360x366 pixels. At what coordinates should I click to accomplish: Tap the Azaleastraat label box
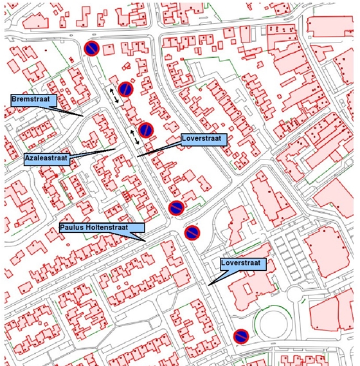(x=46, y=158)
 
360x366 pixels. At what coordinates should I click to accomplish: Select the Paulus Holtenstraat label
(x=102, y=228)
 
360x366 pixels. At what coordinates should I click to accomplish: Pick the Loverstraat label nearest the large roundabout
(x=239, y=264)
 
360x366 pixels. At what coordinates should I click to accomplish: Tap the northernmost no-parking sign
(x=92, y=48)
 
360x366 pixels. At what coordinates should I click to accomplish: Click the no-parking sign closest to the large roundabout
(x=241, y=336)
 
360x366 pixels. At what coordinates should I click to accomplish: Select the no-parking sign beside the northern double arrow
(x=126, y=88)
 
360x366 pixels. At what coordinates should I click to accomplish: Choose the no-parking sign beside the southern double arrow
(x=146, y=130)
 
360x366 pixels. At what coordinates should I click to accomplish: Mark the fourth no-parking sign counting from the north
(x=176, y=208)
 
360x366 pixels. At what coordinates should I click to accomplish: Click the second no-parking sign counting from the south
(x=192, y=233)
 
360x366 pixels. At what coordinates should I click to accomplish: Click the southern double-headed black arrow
(x=134, y=136)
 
